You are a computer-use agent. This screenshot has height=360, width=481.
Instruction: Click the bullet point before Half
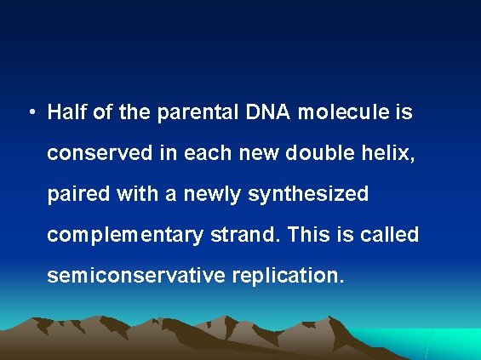tap(30, 113)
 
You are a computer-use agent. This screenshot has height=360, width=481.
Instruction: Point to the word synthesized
tap(308, 195)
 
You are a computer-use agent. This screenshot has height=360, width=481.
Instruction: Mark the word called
tap(389, 235)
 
